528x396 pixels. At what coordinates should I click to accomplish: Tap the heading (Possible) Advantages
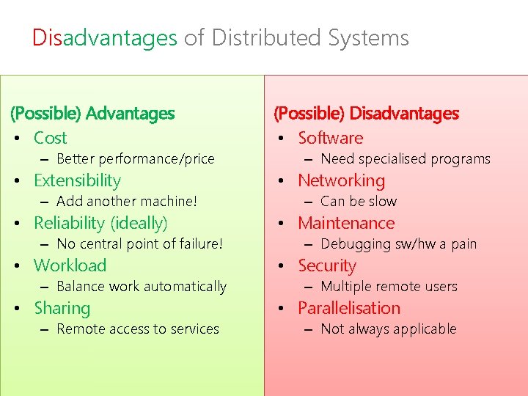(92, 114)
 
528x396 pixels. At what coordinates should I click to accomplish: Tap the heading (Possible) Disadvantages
(366, 114)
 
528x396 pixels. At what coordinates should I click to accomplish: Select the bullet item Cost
(50, 138)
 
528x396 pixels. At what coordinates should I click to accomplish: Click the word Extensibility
(77, 180)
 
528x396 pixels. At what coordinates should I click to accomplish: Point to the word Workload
(70, 265)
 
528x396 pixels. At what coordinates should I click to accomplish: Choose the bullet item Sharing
(62, 308)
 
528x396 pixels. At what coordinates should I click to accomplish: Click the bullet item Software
(330, 138)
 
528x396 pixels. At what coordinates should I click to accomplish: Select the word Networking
(341, 180)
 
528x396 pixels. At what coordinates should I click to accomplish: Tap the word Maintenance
(346, 223)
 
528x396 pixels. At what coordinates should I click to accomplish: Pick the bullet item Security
(326, 265)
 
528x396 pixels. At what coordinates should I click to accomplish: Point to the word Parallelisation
(349, 308)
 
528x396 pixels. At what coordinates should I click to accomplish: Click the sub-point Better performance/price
(135, 158)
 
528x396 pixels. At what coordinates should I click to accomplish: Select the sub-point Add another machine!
(127, 201)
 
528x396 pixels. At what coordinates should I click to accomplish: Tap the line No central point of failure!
(139, 243)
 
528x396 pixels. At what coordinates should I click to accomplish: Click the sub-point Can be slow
(359, 201)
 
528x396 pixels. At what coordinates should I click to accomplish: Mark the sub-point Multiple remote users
(389, 286)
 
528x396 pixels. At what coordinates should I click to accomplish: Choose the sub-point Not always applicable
(389, 329)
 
